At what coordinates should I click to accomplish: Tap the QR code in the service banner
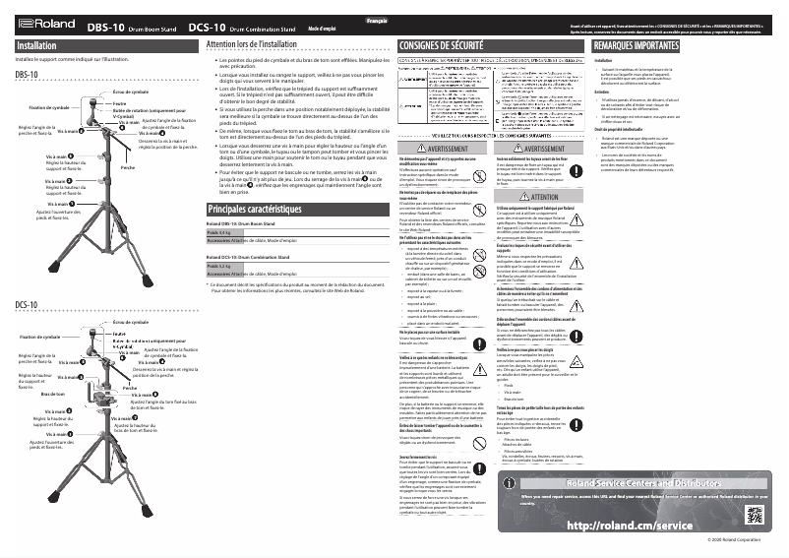(756, 514)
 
